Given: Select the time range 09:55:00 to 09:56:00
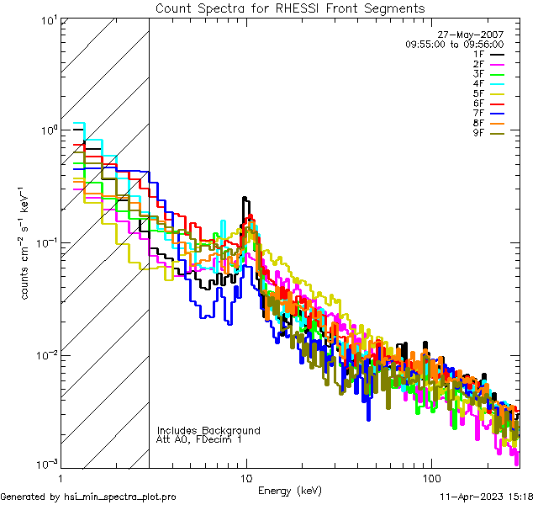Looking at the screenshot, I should (x=454, y=44).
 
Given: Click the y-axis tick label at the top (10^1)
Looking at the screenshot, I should (x=46, y=19).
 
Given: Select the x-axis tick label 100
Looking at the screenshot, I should (x=430, y=477).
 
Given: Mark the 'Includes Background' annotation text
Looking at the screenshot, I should (x=208, y=430).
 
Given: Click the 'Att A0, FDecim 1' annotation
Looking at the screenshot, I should (x=199, y=439).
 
